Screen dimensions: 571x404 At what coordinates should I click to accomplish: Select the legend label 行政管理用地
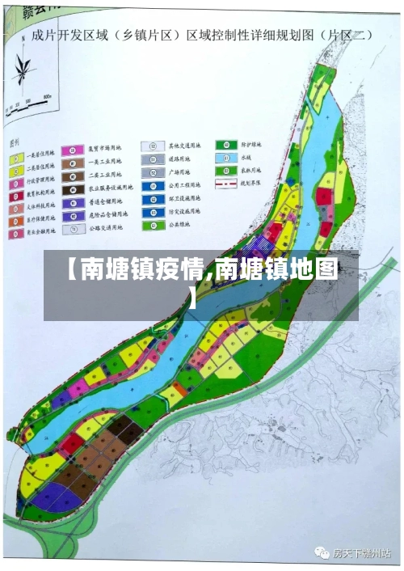(x=40, y=180)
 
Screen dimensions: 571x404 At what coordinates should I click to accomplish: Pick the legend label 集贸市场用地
(x=104, y=150)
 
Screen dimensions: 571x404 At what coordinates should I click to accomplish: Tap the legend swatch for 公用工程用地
(x=149, y=186)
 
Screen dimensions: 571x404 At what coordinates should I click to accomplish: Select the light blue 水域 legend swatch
(x=221, y=158)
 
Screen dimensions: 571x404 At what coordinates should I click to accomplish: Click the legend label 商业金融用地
(x=41, y=232)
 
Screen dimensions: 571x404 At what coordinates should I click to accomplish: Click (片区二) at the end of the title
(x=347, y=35)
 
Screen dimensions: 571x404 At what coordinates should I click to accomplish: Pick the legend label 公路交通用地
(x=105, y=229)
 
